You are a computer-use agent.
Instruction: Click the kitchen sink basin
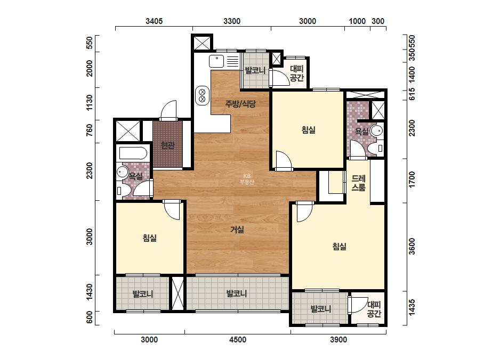click(216, 61)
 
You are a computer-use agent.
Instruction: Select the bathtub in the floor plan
click(133, 154)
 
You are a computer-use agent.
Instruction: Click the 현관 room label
click(167, 145)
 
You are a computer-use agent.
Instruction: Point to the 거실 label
click(237, 230)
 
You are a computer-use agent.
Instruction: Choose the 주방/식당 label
click(240, 104)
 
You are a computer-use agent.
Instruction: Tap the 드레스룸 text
click(358, 183)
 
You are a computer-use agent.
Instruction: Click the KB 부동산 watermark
click(247, 179)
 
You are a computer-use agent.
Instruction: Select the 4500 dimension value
click(238, 340)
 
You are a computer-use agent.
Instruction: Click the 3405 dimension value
click(154, 21)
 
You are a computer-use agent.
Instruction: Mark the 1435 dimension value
click(412, 308)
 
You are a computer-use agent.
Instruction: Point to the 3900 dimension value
click(338, 340)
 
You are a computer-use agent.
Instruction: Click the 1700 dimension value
click(412, 179)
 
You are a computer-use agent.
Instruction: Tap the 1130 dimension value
click(90, 103)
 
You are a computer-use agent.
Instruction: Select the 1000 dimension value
click(357, 21)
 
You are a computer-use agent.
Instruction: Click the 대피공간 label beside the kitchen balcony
click(296, 73)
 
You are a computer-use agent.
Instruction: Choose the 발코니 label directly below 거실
click(237, 294)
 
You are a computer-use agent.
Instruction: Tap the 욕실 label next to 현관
click(135, 176)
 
